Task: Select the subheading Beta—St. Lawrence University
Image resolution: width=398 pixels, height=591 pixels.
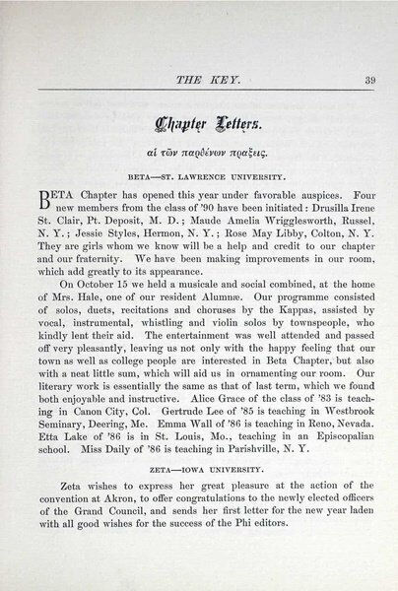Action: (x=201, y=179)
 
